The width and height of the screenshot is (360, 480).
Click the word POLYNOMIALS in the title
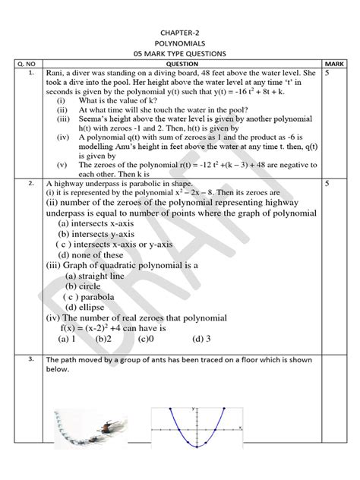[x=180, y=44]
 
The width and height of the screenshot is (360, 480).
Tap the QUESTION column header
[x=180, y=64]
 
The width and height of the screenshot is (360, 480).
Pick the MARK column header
[x=333, y=64]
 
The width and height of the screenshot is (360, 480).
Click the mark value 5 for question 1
[x=327, y=74]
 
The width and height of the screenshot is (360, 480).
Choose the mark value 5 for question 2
[x=327, y=183]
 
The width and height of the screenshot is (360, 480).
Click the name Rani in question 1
[x=55, y=74]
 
